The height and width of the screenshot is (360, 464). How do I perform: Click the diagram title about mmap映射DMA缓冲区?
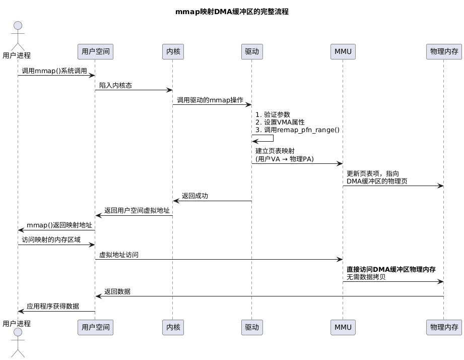pyautogui.click(x=232, y=12)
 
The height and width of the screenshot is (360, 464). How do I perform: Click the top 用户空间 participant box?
pyautogui.click(x=95, y=51)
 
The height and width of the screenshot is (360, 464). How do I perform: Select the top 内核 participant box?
pyautogui.click(x=172, y=51)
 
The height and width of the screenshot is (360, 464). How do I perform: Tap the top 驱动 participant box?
pyautogui.click(x=252, y=51)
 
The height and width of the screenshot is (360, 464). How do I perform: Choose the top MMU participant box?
pyautogui.click(x=343, y=51)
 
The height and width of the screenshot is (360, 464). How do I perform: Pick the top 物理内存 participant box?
pyautogui.click(x=443, y=51)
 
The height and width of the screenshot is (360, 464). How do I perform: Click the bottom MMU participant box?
pyautogui.click(x=343, y=327)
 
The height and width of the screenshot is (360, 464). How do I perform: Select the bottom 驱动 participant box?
pyautogui.click(x=252, y=327)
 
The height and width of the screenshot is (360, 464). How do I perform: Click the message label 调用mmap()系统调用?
pyautogui.click(x=54, y=71)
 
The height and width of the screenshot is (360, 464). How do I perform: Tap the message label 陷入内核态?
pyautogui.click(x=115, y=86)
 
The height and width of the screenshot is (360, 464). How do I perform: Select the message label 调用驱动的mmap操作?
pyautogui.click(x=210, y=100)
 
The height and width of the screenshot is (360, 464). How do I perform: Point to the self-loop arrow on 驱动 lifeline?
pyautogui.click(x=272, y=138)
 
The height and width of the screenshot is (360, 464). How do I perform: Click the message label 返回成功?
pyautogui.click(x=195, y=196)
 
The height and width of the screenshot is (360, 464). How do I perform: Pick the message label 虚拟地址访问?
pyautogui.click(x=119, y=255)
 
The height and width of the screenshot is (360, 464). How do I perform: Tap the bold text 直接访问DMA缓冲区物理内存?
pyautogui.click(x=391, y=270)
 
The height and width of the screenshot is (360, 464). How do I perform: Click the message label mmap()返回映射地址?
pyautogui.click(x=59, y=225)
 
